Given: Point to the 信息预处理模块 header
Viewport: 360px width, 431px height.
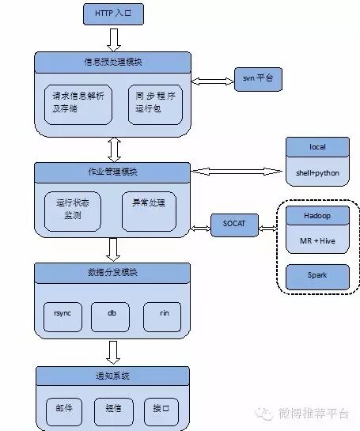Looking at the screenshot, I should point(112,61).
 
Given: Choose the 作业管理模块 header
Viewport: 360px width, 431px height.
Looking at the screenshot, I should point(112,171).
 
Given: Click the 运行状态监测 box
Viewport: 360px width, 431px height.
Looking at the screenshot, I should point(73,209).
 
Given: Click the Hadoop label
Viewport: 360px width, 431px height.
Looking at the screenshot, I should point(316,215).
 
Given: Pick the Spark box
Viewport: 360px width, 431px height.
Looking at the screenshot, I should point(316,276).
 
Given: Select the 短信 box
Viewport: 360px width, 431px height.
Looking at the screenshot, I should point(111,409).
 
